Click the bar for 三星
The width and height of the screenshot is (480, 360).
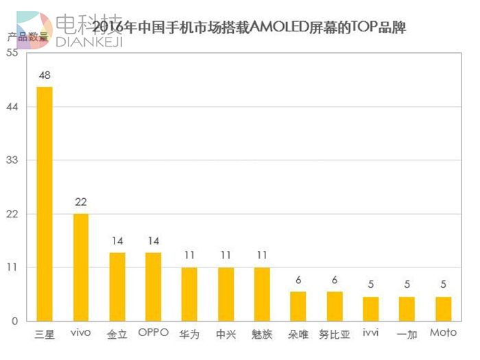coord(45,204)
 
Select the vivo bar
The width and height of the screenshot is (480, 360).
coord(81,267)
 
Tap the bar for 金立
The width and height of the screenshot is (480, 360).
coord(117,287)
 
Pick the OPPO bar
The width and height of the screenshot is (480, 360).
coord(154,287)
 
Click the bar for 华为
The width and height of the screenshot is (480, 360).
coord(189,294)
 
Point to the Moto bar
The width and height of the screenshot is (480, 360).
coord(443,309)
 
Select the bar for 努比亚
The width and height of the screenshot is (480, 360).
coord(335,307)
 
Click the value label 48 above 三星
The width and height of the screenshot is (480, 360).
coord(45,75)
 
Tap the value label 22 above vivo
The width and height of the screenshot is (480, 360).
coord(81,202)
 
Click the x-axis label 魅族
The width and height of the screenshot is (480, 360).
coord(262,335)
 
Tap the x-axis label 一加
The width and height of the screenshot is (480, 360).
coord(407,335)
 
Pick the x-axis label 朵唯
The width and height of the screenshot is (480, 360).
coord(298,335)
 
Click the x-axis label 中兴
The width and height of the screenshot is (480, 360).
coord(226,335)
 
